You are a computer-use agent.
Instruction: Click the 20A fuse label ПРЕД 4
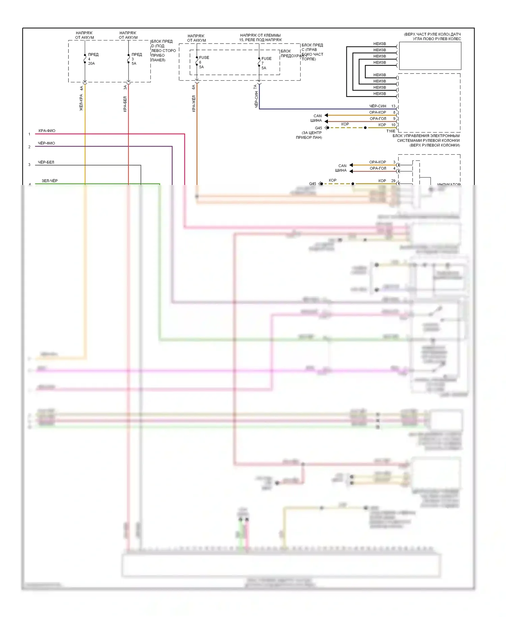[x=92, y=59]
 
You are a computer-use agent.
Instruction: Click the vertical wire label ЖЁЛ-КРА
[x=81, y=103]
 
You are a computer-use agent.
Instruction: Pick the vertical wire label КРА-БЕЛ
[x=125, y=104]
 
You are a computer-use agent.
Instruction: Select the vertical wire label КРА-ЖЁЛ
[x=194, y=104]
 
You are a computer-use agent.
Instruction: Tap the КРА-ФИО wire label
[x=47, y=131]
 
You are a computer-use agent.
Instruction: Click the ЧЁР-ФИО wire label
[x=46, y=143]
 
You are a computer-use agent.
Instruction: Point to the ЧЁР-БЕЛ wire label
[x=46, y=162]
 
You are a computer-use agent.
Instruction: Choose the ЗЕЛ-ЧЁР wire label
[x=50, y=181]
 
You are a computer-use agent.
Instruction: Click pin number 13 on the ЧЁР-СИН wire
[x=393, y=106]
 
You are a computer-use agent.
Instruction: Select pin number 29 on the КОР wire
[x=393, y=181]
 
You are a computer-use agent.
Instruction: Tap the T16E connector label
[x=391, y=131]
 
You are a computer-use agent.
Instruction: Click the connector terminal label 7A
[x=255, y=87]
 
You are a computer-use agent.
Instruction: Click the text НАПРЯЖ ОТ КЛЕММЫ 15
[x=260, y=37]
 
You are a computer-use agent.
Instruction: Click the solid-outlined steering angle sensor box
[x=430, y=56]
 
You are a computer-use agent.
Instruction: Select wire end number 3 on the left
[x=29, y=165]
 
